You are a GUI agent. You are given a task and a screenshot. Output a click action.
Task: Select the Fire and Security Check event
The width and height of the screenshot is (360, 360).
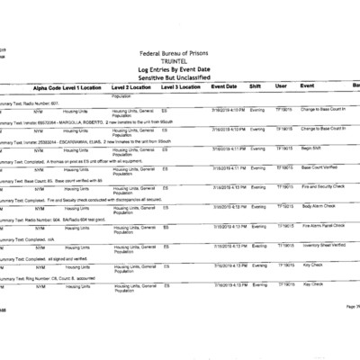click(x=323, y=186)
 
